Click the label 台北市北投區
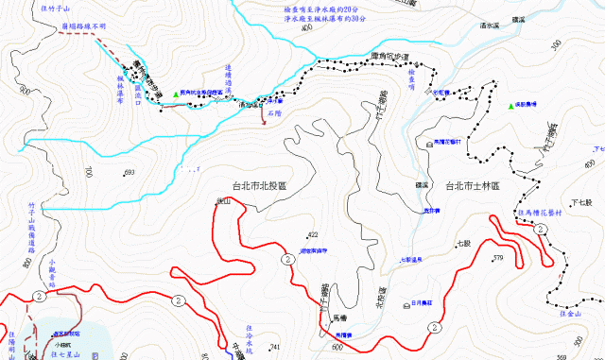coord(258,186)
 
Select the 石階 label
coord(275,112)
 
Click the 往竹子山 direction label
coord(57,7)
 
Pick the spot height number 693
coord(130,172)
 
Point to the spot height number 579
coord(496,257)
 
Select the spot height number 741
coord(275,349)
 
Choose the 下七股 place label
coord(580,203)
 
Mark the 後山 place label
coord(223,201)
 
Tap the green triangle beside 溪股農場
coord(511,106)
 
